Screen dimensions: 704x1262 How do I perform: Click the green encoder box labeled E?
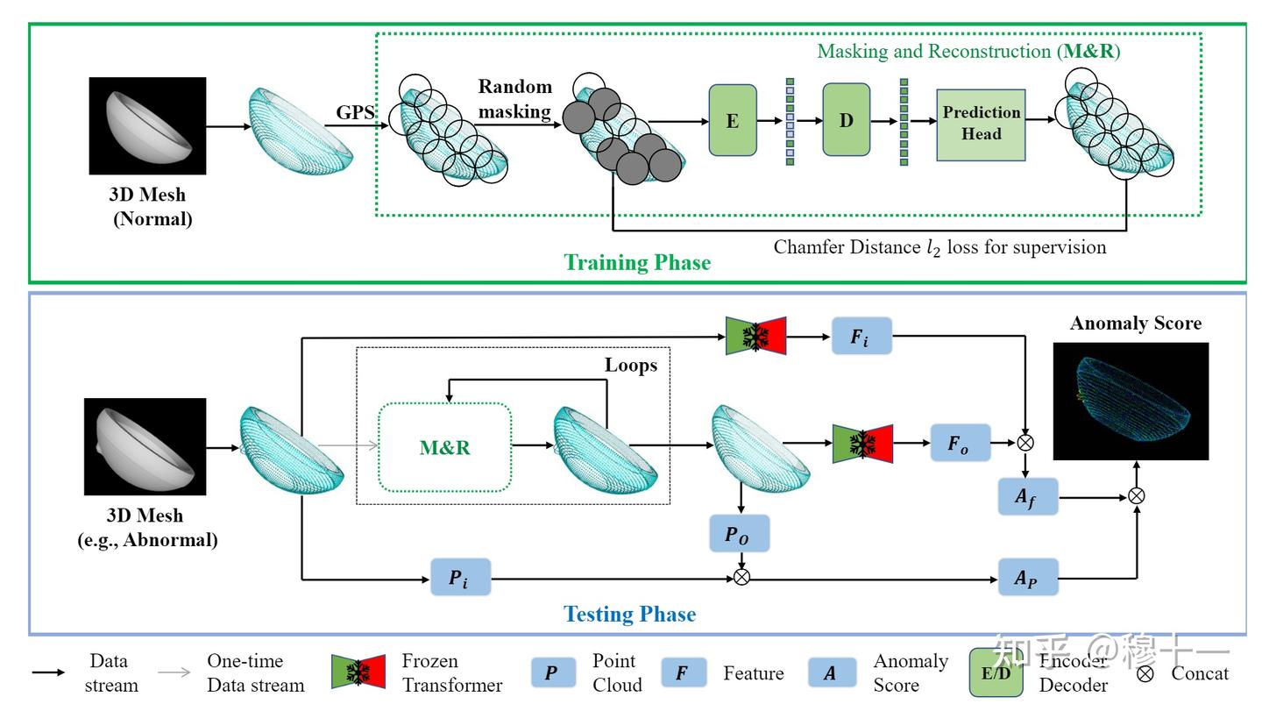732,121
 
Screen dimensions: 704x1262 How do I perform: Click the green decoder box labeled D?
846,120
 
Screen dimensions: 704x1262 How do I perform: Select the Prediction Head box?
981,124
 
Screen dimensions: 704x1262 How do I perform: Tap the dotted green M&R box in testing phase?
444,447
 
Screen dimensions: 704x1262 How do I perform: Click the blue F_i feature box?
861,336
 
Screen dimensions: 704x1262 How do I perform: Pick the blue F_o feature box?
961,444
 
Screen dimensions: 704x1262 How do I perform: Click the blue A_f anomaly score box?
1028,497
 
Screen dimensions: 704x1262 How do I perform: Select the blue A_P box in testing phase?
1028,578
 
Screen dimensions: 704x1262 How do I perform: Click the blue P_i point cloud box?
460,578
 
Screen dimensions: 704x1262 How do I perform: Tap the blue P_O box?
741,534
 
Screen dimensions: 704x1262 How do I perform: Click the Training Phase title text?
636,262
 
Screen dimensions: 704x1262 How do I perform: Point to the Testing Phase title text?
629,614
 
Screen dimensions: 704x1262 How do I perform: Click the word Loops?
631,365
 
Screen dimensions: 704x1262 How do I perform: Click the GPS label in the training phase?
356,112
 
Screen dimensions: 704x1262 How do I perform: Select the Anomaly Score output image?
1131,401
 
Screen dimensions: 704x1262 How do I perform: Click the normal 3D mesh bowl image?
147,125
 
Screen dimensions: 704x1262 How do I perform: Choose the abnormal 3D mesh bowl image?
145,446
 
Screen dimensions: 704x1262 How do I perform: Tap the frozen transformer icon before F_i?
756,336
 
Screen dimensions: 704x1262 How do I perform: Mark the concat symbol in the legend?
1144,673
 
